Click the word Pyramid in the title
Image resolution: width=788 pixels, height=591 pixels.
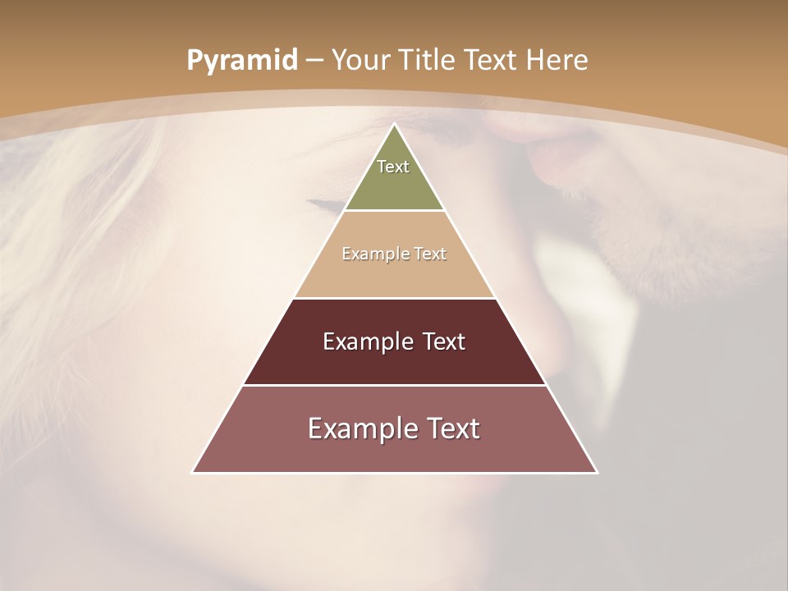241,61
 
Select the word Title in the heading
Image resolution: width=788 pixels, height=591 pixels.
427,61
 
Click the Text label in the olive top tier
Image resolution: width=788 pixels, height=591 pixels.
393,167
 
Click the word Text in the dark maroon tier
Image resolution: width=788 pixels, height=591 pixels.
444,341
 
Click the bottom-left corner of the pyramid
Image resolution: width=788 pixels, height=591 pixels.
192,473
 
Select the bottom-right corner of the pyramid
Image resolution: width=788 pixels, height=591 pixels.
598,473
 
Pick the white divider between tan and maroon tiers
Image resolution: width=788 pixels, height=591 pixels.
395,298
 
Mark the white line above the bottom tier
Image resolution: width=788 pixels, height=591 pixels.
395,385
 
